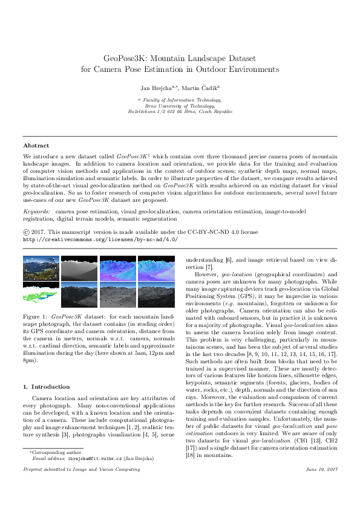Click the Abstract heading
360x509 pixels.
point(36,146)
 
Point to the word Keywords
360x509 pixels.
point(36,212)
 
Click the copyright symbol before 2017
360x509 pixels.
point(25,231)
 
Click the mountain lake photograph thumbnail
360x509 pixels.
point(39,269)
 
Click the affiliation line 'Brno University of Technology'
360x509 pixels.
point(180,105)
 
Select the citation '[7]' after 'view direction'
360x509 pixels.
point(209,267)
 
